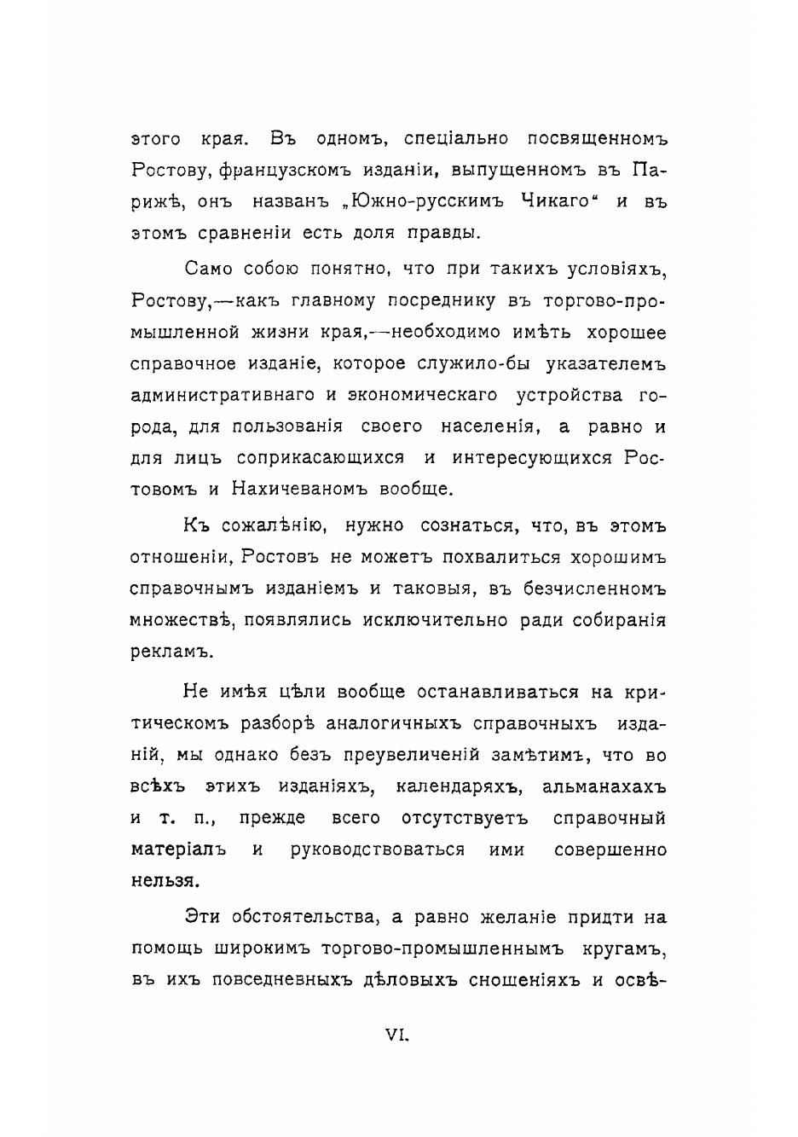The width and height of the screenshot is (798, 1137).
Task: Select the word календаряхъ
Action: [x=456, y=786]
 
